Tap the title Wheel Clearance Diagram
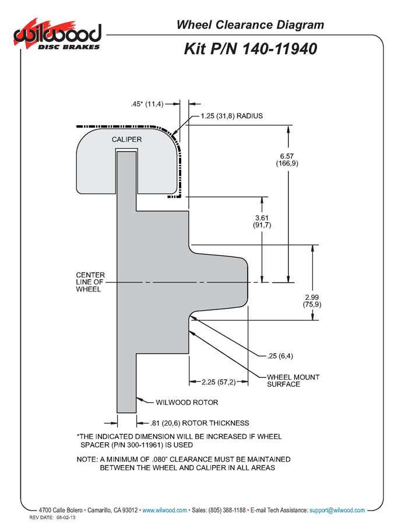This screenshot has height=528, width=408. [x=249, y=24]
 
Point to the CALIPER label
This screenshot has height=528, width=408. [x=126, y=140]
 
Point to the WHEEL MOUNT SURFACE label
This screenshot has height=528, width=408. [x=293, y=381]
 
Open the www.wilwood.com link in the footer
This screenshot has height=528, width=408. [x=165, y=510]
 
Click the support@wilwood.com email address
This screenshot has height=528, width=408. [x=337, y=510]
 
